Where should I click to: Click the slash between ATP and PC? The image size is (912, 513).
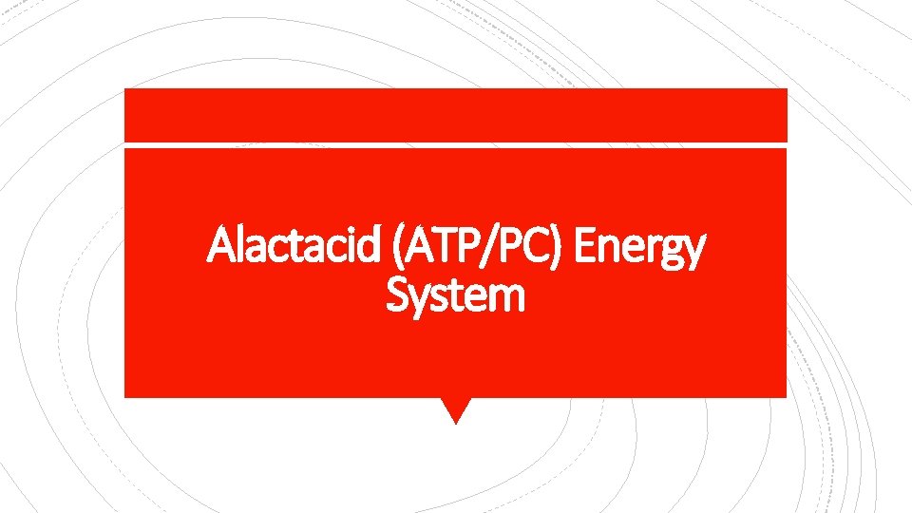490,248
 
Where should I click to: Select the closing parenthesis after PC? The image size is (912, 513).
560,249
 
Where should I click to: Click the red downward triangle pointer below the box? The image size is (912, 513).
456,409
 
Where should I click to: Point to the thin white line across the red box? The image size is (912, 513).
456,144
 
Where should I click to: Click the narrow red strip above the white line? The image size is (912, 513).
456,115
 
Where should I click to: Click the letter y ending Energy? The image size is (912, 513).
695,255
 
